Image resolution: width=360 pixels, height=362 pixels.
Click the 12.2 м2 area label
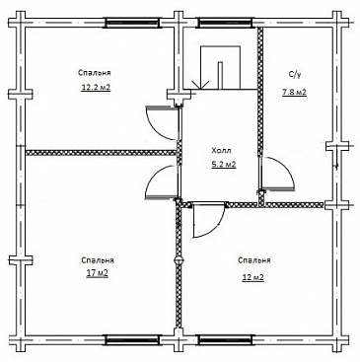pyautogui.click(x=96, y=88)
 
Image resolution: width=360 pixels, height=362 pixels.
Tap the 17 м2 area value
pyautogui.click(x=98, y=273)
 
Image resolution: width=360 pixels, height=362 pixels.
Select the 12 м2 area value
pyautogui.click(x=253, y=277)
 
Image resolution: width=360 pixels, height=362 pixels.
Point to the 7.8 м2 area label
pyautogui.click(x=294, y=93)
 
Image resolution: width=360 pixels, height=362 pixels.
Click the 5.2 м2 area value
pyautogui.click(x=224, y=165)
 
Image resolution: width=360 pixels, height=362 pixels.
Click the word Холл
pyautogui.click(x=221, y=151)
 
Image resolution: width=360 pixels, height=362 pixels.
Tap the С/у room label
pyautogui.click(x=295, y=75)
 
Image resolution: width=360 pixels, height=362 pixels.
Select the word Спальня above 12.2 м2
pyautogui.click(x=95, y=73)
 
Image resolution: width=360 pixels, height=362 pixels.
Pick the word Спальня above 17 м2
pyautogui.click(x=98, y=260)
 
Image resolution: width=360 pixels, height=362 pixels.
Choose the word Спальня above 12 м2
pyautogui.click(x=254, y=260)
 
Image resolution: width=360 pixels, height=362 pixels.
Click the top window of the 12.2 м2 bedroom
pyautogui.click(x=132, y=23)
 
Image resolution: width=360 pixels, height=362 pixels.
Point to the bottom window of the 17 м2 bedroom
pyautogui.click(x=132, y=339)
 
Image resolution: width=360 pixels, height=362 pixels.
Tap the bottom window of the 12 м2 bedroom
pyautogui.click(x=225, y=339)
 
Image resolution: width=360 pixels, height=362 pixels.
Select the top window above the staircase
pyautogui.click(x=225, y=23)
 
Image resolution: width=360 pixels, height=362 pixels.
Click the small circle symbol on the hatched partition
pyautogui.click(x=179, y=260)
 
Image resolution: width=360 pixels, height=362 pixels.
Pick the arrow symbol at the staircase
pyautogui.click(x=200, y=85)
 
